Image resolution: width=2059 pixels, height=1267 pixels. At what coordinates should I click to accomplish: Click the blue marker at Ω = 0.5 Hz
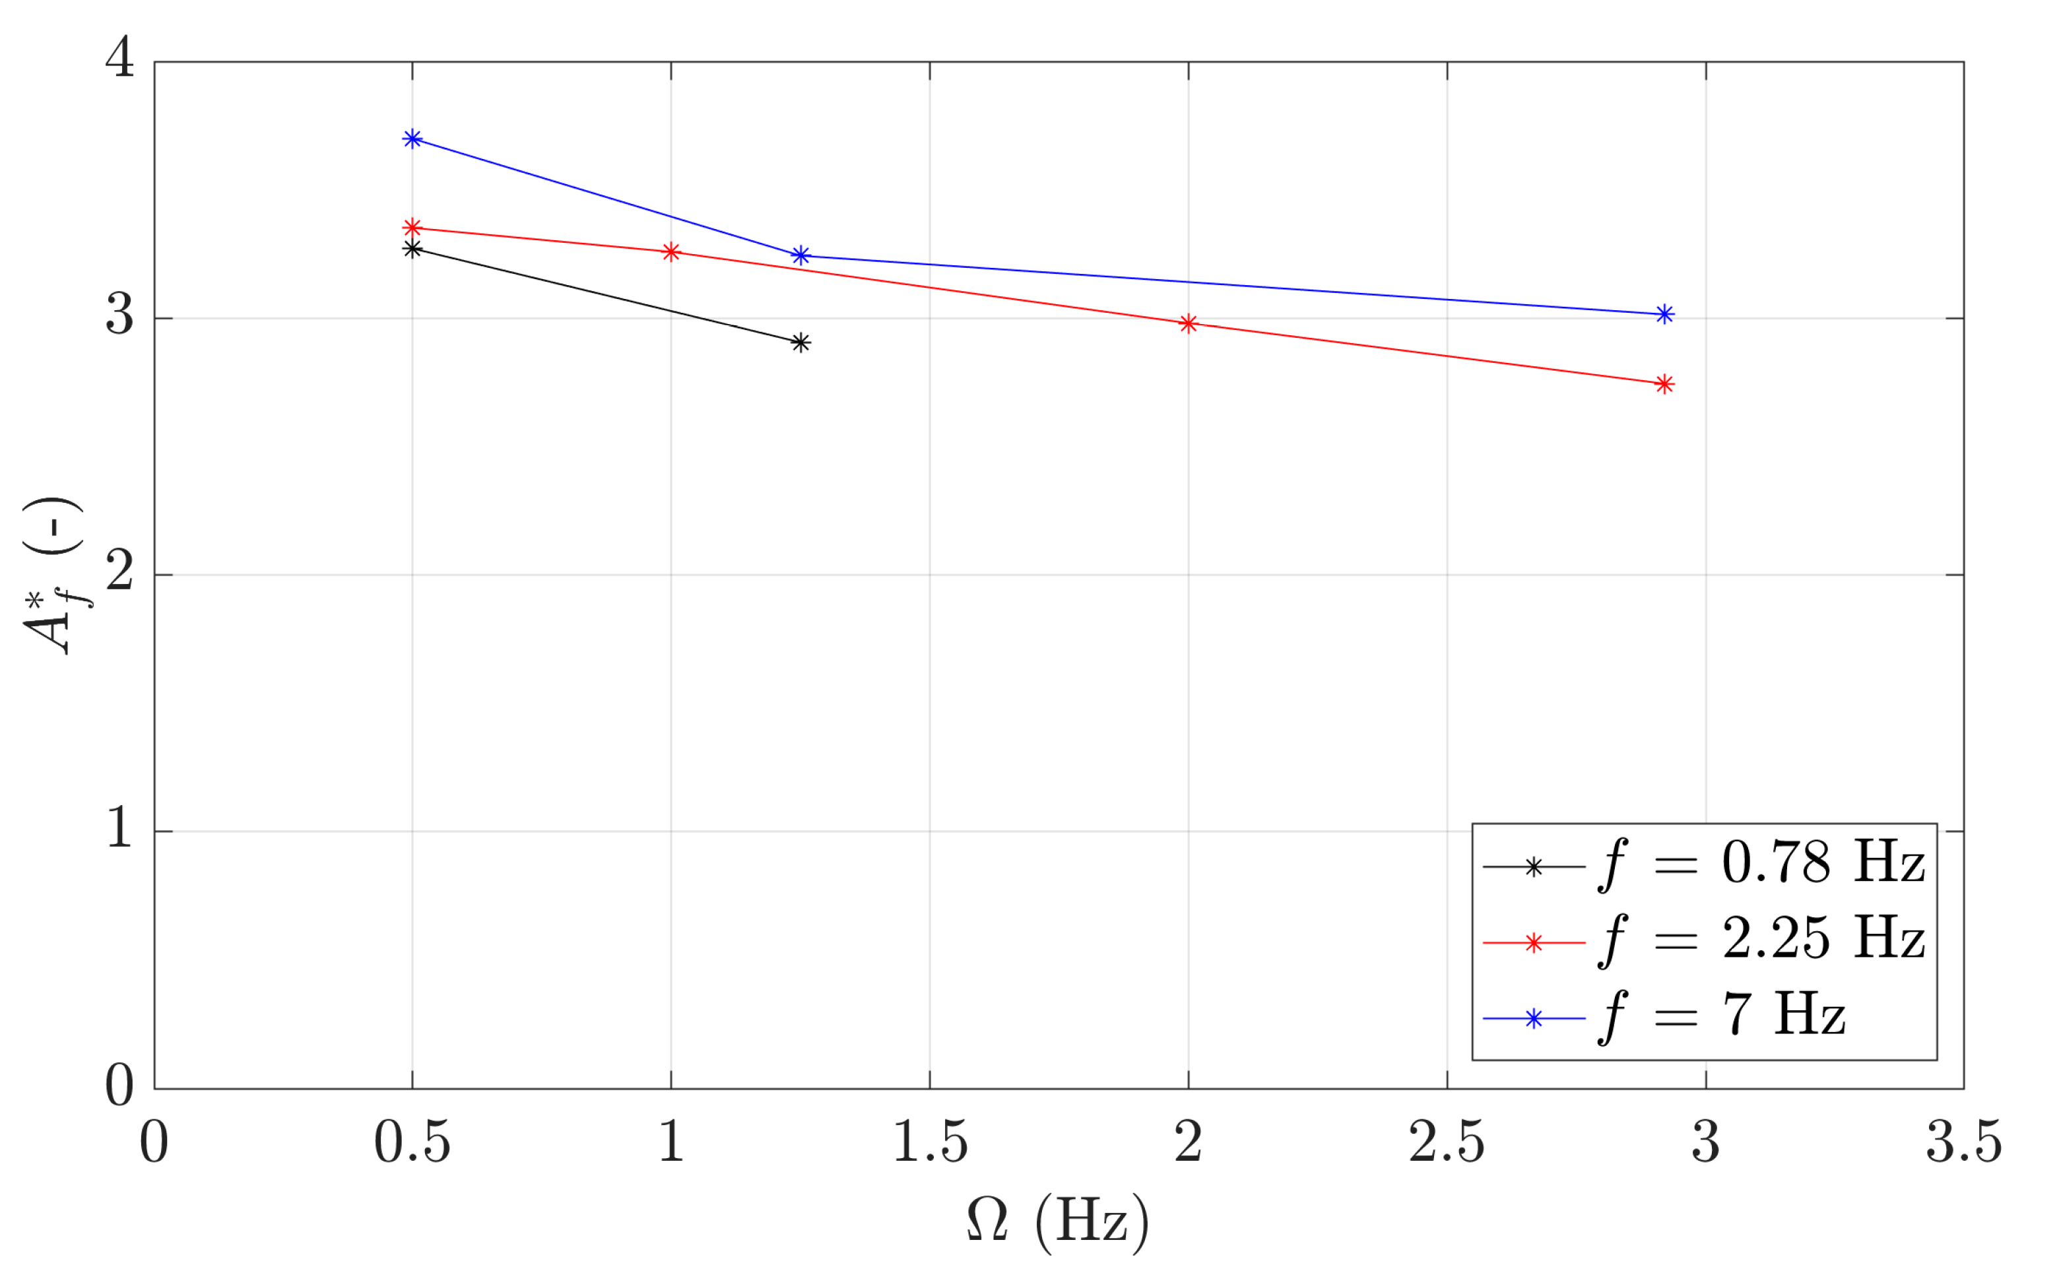point(412,139)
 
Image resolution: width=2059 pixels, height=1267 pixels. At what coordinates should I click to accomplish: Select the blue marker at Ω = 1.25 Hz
point(801,255)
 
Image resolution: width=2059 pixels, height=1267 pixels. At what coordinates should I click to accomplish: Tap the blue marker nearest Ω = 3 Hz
point(1665,314)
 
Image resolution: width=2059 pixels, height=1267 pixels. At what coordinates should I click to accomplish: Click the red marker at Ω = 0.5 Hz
point(412,228)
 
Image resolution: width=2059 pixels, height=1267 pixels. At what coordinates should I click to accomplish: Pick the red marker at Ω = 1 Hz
point(671,252)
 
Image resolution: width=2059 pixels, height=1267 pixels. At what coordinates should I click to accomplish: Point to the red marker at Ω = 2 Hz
point(1189,323)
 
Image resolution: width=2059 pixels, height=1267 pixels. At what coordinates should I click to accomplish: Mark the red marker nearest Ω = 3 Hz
point(1665,385)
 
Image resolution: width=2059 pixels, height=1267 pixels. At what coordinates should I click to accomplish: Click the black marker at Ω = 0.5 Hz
point(412,249)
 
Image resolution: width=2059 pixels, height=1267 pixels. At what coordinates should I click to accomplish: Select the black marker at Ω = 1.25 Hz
point(801,342)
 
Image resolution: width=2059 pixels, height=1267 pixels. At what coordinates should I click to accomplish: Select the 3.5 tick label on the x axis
point(1963,1142)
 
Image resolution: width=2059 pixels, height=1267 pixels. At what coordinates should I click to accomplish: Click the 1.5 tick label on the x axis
point(931,1142)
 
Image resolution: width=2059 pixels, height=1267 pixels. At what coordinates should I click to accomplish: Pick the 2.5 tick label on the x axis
point(1447,1142)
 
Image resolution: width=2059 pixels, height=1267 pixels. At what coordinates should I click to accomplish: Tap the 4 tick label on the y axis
point(120,59)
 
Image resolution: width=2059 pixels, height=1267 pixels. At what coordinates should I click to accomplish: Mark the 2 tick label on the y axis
point(120,572)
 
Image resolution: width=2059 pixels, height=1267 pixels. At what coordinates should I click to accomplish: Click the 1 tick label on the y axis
point(120,829)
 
